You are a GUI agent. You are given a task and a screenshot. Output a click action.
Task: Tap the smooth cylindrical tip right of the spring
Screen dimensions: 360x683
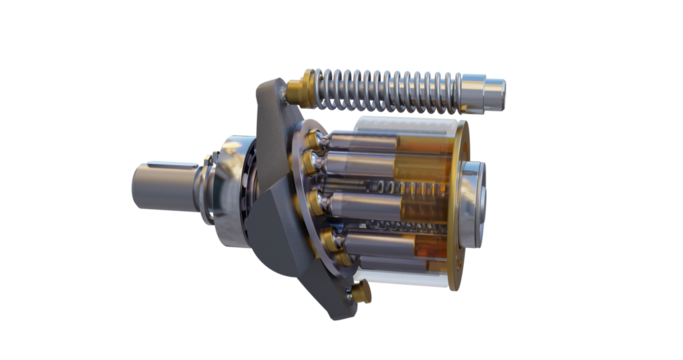491,95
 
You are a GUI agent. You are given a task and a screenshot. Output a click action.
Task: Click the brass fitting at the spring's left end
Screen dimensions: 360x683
297,92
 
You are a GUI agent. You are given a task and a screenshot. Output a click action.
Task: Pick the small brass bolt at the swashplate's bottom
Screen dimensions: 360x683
361,292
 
